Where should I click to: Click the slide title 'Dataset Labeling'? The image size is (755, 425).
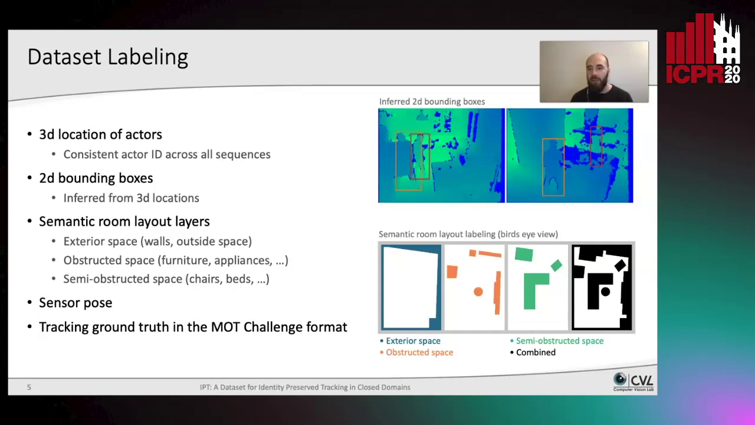pyautogui.click(x=107, y=57)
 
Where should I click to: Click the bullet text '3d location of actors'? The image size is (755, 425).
pyautogui.click(x=100, y=135)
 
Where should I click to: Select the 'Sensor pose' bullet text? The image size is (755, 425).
pyautogui.click(x=75, y=303)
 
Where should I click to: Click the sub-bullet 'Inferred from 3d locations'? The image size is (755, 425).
pyautogui.click(x=131, y=198)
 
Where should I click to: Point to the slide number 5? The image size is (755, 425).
pyautogui.click(x=29, y=387)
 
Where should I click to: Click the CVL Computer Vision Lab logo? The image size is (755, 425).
pyautogui.click(x=633, y=382)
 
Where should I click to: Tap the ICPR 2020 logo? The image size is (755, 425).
pyautogui.click(x=703, y=48)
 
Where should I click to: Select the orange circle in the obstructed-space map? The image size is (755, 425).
pyautogui.click(x=478, y=292)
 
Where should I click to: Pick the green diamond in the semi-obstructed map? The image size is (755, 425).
pyautogui.click(x=556, y=266)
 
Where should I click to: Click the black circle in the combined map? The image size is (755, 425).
pyautogui.click(x=605, y=292)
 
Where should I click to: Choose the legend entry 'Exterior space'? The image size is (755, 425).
pyautogui.click(x=413, y=341)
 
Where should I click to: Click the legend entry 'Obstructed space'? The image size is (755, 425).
pyautogui.click(x=419, y=352)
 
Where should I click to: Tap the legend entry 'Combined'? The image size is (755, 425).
pyautogui.click(x=536, y=352)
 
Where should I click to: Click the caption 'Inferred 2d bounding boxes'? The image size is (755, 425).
pyautogui.click(x=432, y=102)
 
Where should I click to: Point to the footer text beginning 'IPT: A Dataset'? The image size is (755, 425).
pyautogui.click(x=305, y=387)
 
